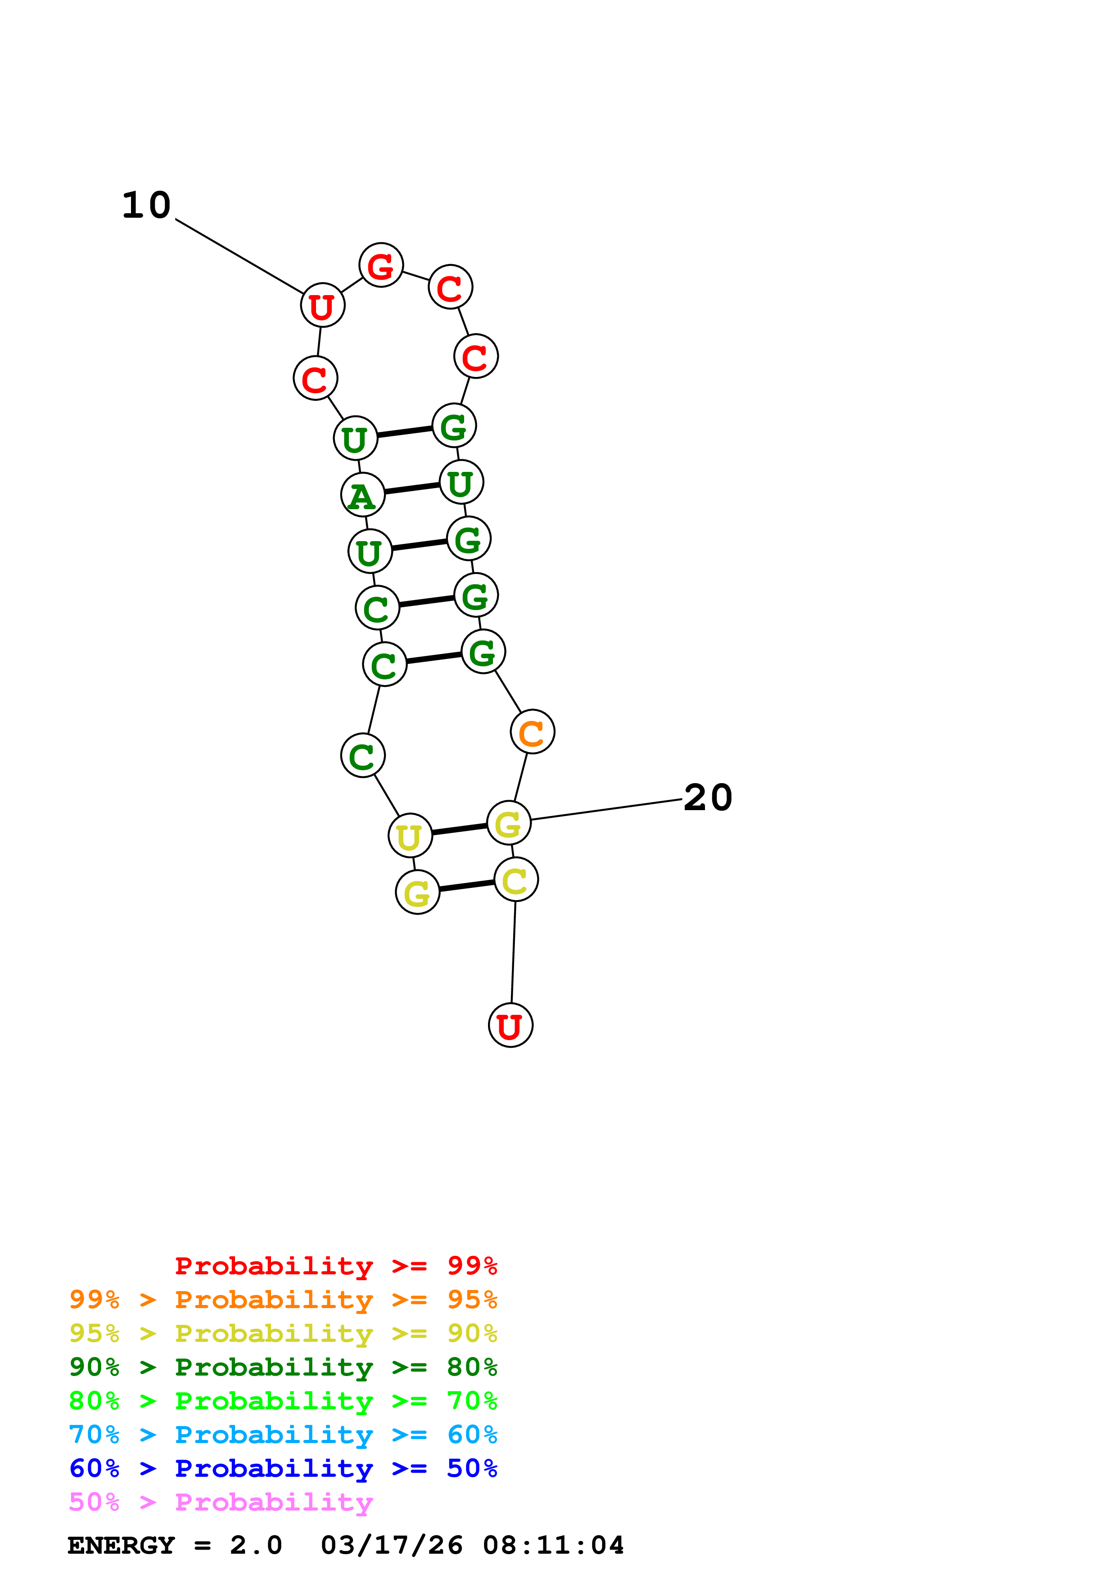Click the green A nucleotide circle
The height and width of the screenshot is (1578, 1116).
[x=362, y=494]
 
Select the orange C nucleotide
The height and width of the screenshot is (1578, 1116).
[x=532, y=732]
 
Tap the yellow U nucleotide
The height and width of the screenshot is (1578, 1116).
[x=410, y=836]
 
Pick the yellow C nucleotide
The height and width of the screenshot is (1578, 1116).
[x=516, y=880]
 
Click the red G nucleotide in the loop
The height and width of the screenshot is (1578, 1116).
[x=381, y=265]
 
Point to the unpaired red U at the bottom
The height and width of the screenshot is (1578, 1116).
[x=510, y=1026]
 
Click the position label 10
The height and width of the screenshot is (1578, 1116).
[x=146, y=206]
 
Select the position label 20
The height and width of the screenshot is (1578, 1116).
[x=708, y=798]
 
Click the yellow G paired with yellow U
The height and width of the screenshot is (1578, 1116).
[x=509, y=823]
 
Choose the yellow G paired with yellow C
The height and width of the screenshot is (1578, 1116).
[x=417, y=892]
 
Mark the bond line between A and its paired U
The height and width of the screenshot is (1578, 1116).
[x=412, y=488]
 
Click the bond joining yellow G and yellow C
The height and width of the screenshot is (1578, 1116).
[x=467, y=885]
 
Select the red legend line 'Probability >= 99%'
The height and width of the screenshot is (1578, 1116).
[x=335, y=1266]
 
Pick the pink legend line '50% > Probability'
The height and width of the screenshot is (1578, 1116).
[x=221, y=1502]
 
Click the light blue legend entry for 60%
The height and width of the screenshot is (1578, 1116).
[x=283, y=1435]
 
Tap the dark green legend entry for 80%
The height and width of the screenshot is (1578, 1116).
[x=283, y=1367]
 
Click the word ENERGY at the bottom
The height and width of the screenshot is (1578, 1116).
[x=121, y=1545]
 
